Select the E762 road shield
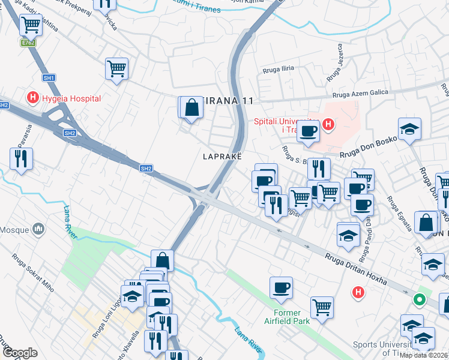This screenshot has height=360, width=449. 28,43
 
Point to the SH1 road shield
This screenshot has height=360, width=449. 49,78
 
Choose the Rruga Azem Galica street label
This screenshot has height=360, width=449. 364,94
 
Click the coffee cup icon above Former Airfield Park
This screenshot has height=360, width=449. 281,287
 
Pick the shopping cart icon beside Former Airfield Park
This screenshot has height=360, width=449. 322,307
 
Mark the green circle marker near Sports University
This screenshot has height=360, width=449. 420,299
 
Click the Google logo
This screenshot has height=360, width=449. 20,353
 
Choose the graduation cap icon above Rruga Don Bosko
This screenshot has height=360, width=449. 409,129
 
